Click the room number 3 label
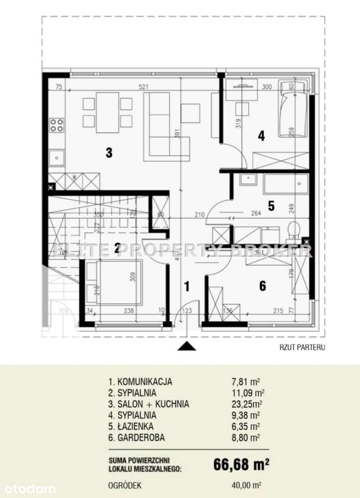click(x=109, y=153)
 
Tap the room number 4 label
click(x=261, y=135)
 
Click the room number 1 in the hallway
click(x=186, y=286)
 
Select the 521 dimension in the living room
click(x=144, y=87)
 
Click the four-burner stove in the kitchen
click(x=57, y=124)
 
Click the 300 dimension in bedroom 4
click(x=267, y=87)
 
